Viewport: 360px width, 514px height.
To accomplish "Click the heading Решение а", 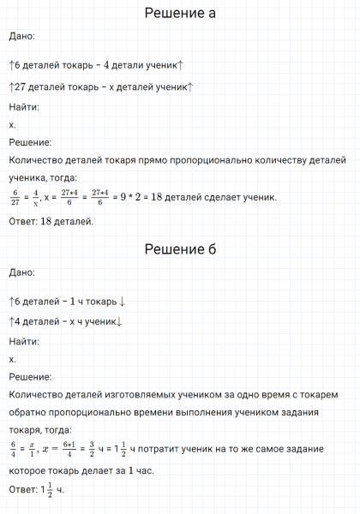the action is pyautogui.click(x=180, y=14).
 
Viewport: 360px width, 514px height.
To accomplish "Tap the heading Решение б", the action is pyautogui.click(x=180, y=249).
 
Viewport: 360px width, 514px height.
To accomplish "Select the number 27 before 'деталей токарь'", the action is pyautogui.click(x=20, y=87).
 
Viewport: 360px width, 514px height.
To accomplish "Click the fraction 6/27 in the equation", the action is pyautogui.click(x=15, y=198).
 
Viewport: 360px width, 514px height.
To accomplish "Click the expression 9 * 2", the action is pyautogui.click(x=126, y=198).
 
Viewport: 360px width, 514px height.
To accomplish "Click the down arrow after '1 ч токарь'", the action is pyautogui.click(x=123, y=302).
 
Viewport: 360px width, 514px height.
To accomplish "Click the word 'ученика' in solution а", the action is pyautogui.click(x=29, y=178).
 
